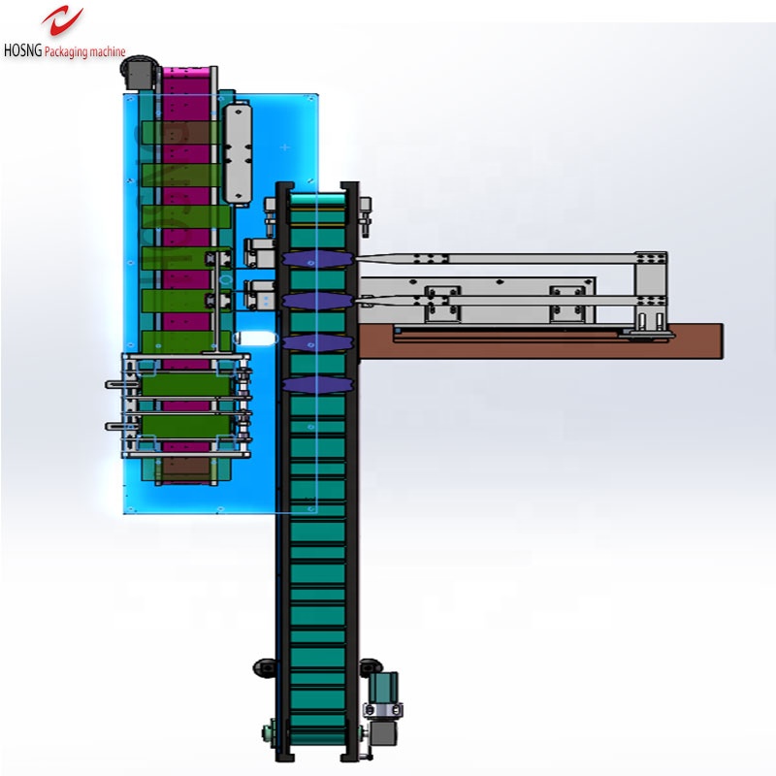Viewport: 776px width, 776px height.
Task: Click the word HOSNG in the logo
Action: pos(22,50)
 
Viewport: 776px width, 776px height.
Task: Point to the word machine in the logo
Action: pos(108,51)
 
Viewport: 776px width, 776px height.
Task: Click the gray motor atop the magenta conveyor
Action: pos(138,72)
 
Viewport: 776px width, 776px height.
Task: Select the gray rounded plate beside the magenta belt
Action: pos(238,152)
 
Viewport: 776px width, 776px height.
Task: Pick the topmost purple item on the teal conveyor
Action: pos(317,259)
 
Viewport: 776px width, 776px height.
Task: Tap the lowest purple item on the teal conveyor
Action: pos(317,385)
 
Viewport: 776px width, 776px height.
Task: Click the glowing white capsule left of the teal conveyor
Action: pos(255,339)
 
